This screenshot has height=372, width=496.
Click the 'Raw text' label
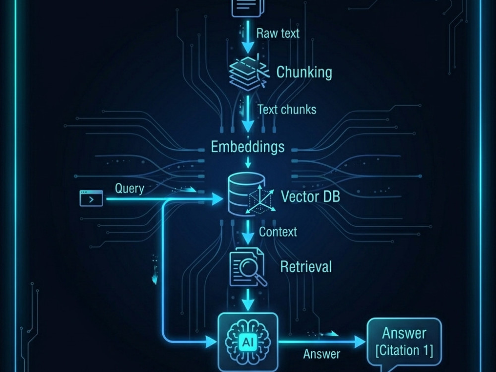(x=278, y=33)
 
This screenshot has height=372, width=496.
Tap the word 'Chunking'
(x=305, y=72)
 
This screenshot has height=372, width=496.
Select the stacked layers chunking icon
(x=248, y=73)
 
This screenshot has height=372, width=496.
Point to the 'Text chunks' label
(x=287, y=110)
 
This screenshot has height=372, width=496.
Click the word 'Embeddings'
(x=248, y=147)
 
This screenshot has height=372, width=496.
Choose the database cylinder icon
(x=247, y=193)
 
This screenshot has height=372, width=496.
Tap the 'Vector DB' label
(x=310, y=196)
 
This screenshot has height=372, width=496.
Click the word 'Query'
(x=129, y=189)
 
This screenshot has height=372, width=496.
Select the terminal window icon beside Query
(x=91, y=198)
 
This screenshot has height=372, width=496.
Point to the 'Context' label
(x=278, y=232)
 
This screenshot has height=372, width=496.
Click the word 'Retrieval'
(x=306, y=267)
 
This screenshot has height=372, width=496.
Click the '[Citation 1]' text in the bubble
(x=404, y=351)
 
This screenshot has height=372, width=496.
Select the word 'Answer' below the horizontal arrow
(x=322, y=354)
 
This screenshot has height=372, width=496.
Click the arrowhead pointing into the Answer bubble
(x=360, y=342)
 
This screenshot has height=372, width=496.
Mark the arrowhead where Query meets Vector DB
(x=217, y=199)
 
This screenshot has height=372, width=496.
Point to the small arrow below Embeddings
(x=248, y=162)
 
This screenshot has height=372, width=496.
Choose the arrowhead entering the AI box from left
(x=211, y=342)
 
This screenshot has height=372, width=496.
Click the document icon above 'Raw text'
(x=248, y=7)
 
